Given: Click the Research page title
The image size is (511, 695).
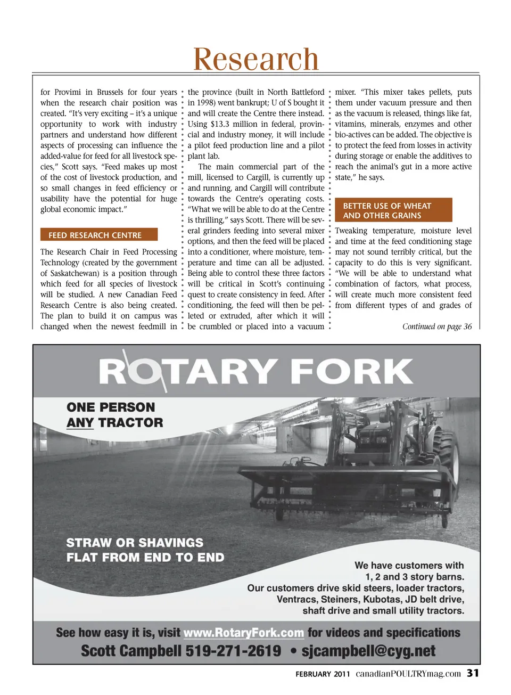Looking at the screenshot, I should [256, 59].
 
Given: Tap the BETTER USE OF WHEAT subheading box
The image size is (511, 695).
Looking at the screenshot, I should [393, 210].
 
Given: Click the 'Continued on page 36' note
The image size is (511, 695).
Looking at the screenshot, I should [436, 326].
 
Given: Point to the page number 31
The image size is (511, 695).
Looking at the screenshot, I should [473, 673].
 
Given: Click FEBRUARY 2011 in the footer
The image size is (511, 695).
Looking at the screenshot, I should [323, 674].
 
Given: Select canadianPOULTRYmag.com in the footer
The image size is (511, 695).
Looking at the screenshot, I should [408, 674].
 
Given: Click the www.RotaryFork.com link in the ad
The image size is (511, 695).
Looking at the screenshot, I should [243, 633].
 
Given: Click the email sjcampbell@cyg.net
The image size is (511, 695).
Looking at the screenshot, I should [368, 651].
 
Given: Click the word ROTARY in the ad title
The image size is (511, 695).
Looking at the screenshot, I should [187, 371].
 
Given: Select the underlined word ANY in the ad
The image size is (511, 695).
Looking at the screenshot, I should [80, 423].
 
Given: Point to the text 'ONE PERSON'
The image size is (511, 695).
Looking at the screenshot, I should [111, 407].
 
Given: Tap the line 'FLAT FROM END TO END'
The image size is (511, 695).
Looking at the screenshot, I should [145, 558].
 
